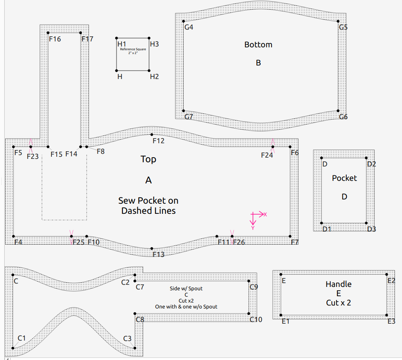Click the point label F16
[x=55, y=39]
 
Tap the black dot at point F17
[x=81, y=33]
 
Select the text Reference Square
[x=133, y=49]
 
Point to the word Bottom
[x=258, y=44]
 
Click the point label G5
[x=343, y=27]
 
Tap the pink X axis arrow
[x=258, y=214]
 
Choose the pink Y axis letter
[x=253, y=228]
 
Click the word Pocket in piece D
[x=344, y=178]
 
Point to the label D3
[x=371, y=229]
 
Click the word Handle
[x=338, y=284]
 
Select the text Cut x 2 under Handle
[x=338, y=303]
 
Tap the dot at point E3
[x=387, y=315]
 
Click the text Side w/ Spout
[x=186, y=289]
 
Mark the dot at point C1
[x=13, y=348]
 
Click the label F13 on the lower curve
[x=158, y=254]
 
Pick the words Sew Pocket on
[x=148, y=201]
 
